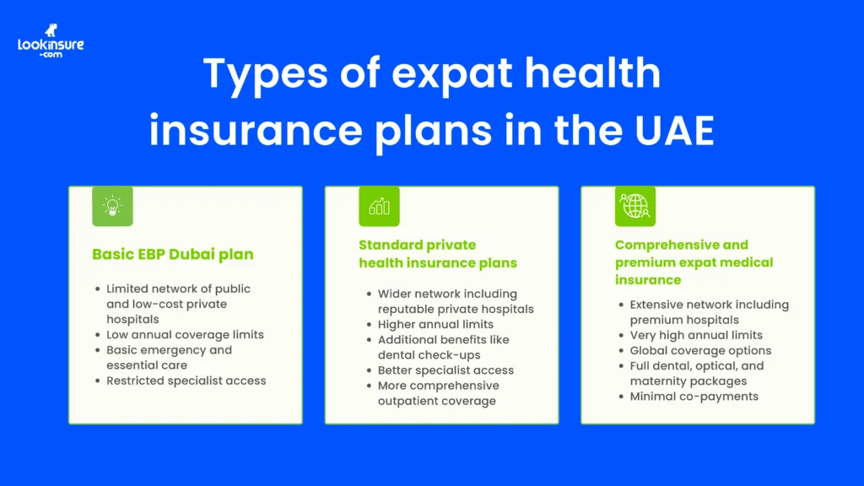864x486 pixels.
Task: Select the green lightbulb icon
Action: pyautogui.click(x=112, y=206)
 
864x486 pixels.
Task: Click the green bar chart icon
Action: pyautogui.click(x=379, y=206)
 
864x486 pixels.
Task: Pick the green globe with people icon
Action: pyautogui.click(x=634, y=206)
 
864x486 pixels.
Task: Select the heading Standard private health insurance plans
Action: pyautogui.click(x=438, y=254)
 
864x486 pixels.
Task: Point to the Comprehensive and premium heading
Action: pyautogui.click(x=694, y=262)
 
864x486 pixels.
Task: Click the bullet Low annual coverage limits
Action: pyautogui.click(x=185, y=335)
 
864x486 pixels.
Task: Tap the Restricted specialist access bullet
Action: pyautogui.click(x=186, y=381)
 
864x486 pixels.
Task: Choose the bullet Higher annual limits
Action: pyautogui.click(x=435, y=325)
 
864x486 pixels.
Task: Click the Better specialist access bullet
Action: pyautogui.click(x=445, y=370)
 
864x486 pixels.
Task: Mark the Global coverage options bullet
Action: pyautogui.click(x=700, y=351)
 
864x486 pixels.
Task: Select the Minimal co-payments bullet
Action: pyautogui.click(x=694, y=397)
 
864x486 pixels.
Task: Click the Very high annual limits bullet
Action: pyautogui.click(x=696, y=336)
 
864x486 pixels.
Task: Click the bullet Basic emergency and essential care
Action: pyautogui.click(x=169, y=358)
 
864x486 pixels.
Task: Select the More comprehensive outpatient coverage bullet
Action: pyautogui.click(x=438, y=393)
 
